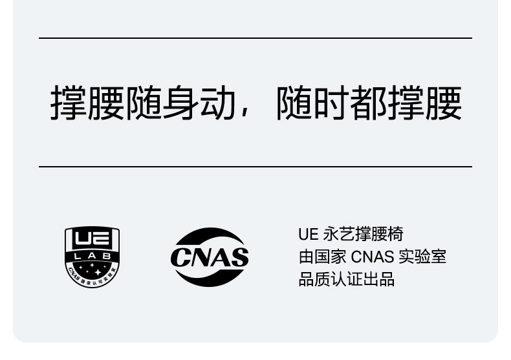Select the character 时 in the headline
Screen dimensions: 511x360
332,103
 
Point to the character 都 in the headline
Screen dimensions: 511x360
369,103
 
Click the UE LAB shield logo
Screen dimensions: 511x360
92,257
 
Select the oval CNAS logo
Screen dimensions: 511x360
209,257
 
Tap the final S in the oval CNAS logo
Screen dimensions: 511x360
239,257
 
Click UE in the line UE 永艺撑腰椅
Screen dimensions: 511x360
307,234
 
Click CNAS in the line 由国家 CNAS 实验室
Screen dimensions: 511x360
372,257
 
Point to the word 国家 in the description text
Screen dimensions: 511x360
330,257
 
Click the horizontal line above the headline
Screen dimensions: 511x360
255,38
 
